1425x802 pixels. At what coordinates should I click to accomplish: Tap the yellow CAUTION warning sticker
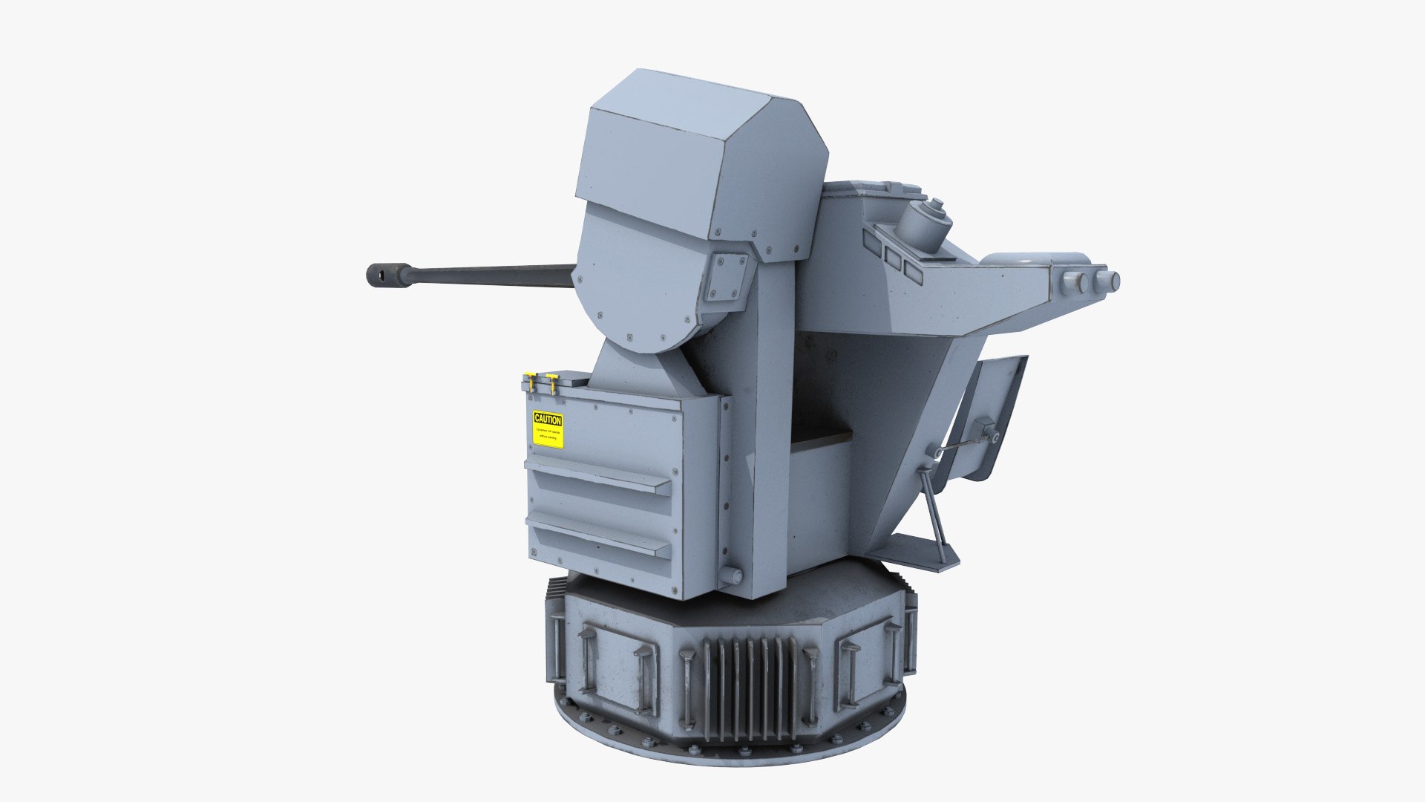(x=548, y=430)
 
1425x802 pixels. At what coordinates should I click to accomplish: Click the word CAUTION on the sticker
(x=548, y=420)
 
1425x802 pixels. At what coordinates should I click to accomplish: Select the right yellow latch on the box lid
(x=551, y=382)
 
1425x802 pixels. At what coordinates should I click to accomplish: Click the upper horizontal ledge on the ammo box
(x=597, y=476)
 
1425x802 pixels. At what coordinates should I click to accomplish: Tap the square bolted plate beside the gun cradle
(x=727, y=276)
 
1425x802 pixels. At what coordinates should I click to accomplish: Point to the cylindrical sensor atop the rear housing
(x=925, y=224)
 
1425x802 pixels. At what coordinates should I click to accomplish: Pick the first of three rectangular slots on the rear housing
(x=870, y=240)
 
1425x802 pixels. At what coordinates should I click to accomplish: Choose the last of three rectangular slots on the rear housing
(x=912, y=275)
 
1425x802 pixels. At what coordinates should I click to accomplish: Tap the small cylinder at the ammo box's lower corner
(x=731, y=576)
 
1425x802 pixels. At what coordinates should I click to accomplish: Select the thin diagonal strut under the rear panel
(x=932, y=512)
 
